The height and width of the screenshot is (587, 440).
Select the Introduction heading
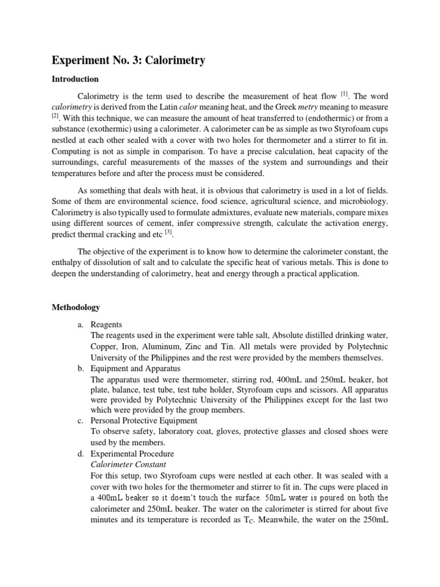click(x=74, y=79)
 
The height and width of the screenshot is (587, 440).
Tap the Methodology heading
click(x=76, y=308)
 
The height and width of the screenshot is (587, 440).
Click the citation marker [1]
click(x=344, y=93)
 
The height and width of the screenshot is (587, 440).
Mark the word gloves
click(x=244, y=432)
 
